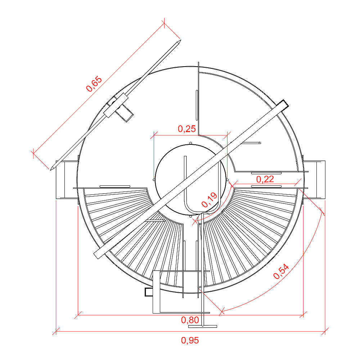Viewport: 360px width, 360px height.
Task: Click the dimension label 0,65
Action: tap(94, 84)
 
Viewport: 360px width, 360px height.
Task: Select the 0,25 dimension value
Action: tap(187, 129)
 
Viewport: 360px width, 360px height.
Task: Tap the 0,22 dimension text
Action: tap(265, 179)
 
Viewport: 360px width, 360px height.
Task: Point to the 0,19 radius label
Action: tap(209, 200)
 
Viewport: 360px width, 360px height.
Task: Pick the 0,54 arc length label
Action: tap(281, 271)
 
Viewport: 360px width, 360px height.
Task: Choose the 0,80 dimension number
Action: tap(190, 320)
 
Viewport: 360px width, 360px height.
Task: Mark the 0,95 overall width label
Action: tap(190, 340)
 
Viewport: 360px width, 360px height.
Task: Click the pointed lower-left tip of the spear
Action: tap(50, 170)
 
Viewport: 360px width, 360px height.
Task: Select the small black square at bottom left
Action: tap(149, 292)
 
